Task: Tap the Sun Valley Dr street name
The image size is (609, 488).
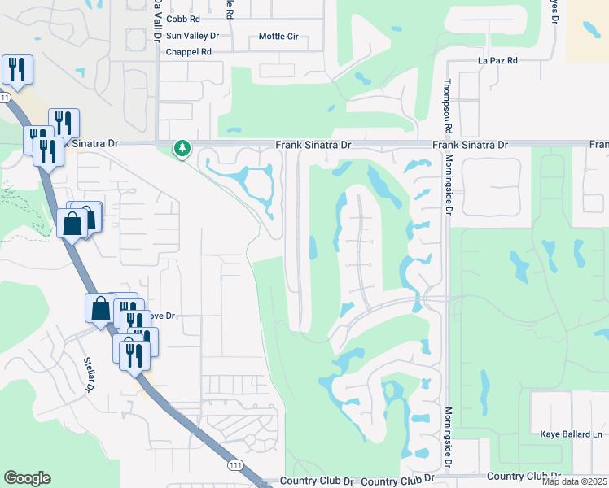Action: tap(192, 36)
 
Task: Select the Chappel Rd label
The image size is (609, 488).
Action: tap(188, 52)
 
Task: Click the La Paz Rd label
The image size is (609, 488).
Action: tap(497, 61)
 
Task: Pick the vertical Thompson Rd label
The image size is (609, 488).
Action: tap(447, 107)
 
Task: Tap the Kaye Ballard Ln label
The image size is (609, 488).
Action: tap(571, 434)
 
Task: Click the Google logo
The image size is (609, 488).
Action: tap(27, 478)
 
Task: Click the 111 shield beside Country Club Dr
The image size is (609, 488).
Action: tap(235, 464)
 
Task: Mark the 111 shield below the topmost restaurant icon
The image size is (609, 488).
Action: tap(6, 98)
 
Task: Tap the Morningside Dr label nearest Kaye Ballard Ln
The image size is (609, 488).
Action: tap(449, 436)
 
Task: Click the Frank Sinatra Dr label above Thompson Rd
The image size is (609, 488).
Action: tap(470, 145)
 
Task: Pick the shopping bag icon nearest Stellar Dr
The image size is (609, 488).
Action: tap(100, 308)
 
